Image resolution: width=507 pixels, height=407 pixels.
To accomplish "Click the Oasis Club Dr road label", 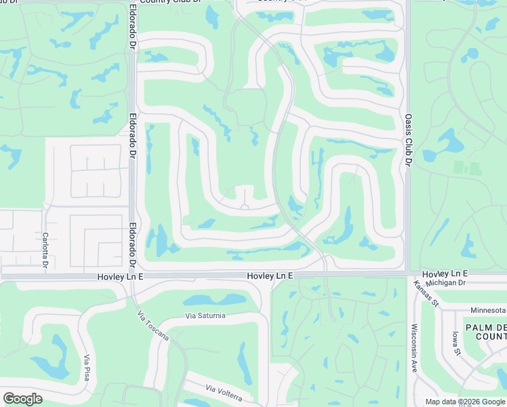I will [x=409, y=140].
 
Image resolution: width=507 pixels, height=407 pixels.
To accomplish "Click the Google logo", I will [x=22, y=398].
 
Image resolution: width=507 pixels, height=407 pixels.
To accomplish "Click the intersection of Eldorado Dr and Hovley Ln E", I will [x=132, y=276].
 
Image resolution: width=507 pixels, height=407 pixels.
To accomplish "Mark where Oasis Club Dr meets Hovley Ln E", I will [x=408, y=273].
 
